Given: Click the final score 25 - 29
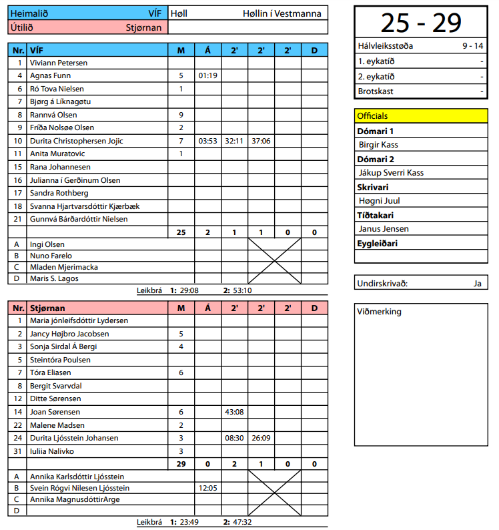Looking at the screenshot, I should pyautogui.click(x=421, y=23).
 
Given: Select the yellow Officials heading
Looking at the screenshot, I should pyautogui.click(x=372, y=116).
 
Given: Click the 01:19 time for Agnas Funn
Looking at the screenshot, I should pyautogui.click(x=208, y=75).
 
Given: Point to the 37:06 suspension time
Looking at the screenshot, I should pyautogui.click(x=261, y=141).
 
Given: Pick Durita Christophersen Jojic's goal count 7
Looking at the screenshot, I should pyautogui.click(x=181, y=141).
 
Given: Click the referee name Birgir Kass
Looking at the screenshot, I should pyautogui.click(x=378, y=145).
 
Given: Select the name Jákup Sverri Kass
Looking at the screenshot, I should pyautogui.click(x=391, y=173).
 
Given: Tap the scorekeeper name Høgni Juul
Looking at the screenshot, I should pyautogui.click(x=379, y=201).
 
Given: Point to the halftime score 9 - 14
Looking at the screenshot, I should pyautogui.click(x=473, y=46).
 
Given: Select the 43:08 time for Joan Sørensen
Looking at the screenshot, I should pyautogui.click(x=234, y=412).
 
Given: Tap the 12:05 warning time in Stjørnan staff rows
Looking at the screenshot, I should pyautogui.click(x=208, y=488).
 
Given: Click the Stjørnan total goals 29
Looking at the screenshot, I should pyautogui.click(x=181, y=464).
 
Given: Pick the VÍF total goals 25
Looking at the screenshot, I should pyautogui.click(x=181, y=232).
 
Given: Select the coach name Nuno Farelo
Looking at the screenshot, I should pyautogui.click(x=51, y=256).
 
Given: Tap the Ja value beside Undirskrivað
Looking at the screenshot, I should pyautogui.click(x=477, y=283).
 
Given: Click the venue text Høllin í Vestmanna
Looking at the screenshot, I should pyautogui.click(x=282, y=13).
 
